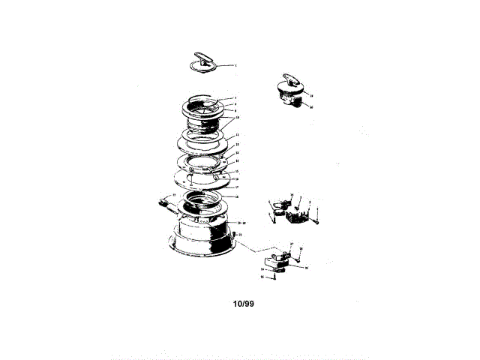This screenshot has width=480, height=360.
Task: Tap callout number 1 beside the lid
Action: (235, 66)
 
